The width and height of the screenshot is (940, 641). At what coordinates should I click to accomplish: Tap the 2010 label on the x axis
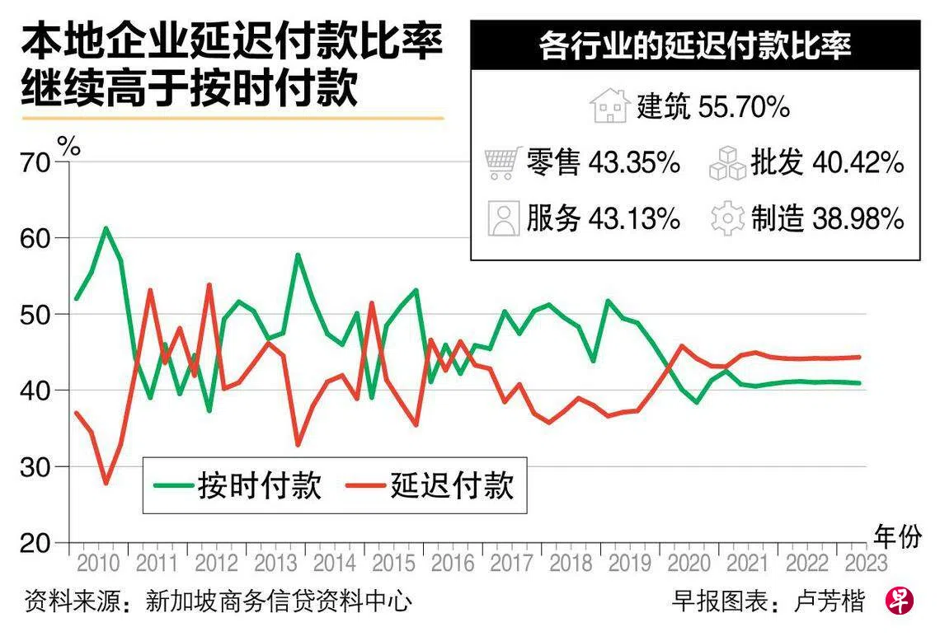(x=98, y=564)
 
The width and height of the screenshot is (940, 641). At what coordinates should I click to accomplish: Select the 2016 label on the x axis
(x=452, y=564)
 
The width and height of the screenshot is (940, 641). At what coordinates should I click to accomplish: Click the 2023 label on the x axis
(x=864, y=564)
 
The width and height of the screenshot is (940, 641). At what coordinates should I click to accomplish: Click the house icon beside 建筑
(x=610, y=107)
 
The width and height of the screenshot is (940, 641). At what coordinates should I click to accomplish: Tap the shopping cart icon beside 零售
(x=504, y=163)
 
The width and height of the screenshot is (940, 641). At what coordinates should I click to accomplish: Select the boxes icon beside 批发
(x=727, y=163)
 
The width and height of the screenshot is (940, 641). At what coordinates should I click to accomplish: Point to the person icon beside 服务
(x=503, y=219)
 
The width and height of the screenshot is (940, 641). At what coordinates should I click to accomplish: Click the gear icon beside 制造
(x=727, y=219)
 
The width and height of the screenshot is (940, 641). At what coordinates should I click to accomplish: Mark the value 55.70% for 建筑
(x=745, y=107)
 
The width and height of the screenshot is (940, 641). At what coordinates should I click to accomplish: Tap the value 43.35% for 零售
(x=634, y=163)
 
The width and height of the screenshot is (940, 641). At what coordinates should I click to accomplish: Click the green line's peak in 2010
(x=106, y=227)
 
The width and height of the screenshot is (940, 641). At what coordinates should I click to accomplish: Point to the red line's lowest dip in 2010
(x=106, y=483)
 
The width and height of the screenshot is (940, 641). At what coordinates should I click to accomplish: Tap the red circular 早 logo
(x=900, y=601)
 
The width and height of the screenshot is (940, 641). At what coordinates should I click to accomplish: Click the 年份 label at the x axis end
(x=897, y=538)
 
